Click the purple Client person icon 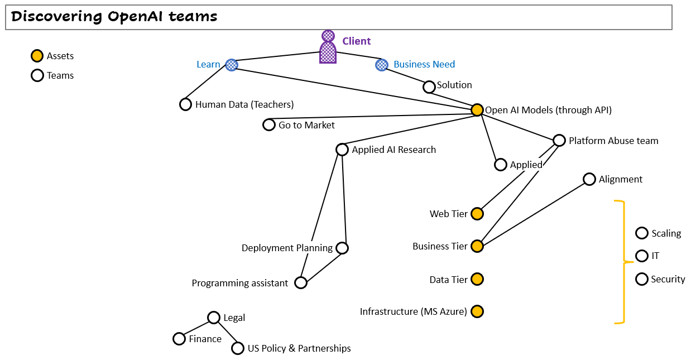328,48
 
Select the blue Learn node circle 232,65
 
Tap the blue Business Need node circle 381,65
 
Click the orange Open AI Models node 477,110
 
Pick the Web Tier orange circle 477,214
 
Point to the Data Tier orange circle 477,279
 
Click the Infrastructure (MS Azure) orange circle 477,311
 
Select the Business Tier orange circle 477,246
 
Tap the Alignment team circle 589,179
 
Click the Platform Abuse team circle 559,141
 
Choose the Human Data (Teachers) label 244,104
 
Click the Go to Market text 306,125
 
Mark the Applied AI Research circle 342,150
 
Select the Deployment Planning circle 342,248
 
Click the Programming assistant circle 301,283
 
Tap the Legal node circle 213,318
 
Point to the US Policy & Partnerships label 299,348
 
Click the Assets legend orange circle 37,56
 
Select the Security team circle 642,279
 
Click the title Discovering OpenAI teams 114,17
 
